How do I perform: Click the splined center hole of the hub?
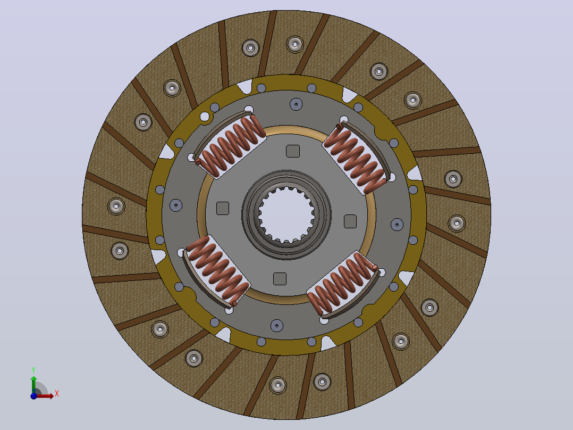(286, 215)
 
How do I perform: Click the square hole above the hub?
(293, 151)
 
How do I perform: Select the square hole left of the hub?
(223, 208)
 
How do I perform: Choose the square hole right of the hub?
(350, 221)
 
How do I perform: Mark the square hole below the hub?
(280, 278)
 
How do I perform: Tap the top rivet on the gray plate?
(296, 104)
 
